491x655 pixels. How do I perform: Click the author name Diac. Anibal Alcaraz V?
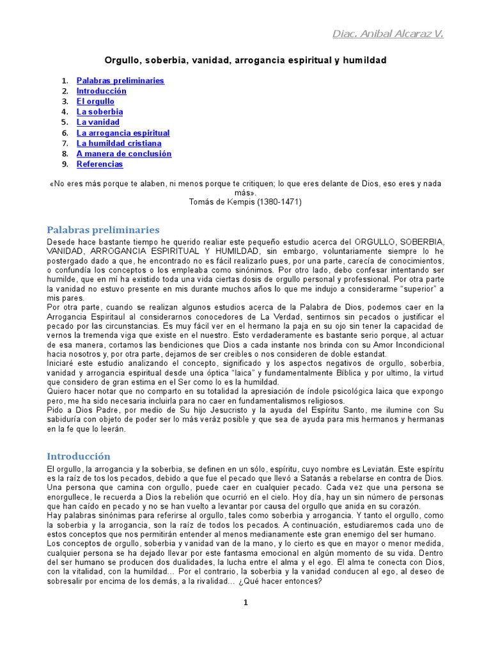tap(387, 33)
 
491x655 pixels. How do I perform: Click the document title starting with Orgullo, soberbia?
tap(245, 60)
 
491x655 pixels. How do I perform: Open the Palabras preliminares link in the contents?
tap(120, 81)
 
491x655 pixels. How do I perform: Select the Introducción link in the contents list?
tap(101, 91)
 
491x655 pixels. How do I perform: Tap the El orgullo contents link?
tap(95, 101)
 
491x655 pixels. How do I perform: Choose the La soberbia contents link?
tap(100, 112)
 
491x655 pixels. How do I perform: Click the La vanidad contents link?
tap(98, 122)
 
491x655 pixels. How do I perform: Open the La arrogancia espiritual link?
tap(123, 133)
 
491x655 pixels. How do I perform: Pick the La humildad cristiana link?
tap(119, 143)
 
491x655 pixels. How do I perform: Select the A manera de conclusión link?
tap(124, 154)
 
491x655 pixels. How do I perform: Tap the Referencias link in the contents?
tap(100, 164)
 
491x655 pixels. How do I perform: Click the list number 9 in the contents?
tap(65, 164)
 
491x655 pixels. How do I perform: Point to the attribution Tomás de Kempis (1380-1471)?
tap(245, 201)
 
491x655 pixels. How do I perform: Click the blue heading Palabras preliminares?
tap(103, 230)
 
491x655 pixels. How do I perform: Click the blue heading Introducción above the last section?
tap(79, 456)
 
